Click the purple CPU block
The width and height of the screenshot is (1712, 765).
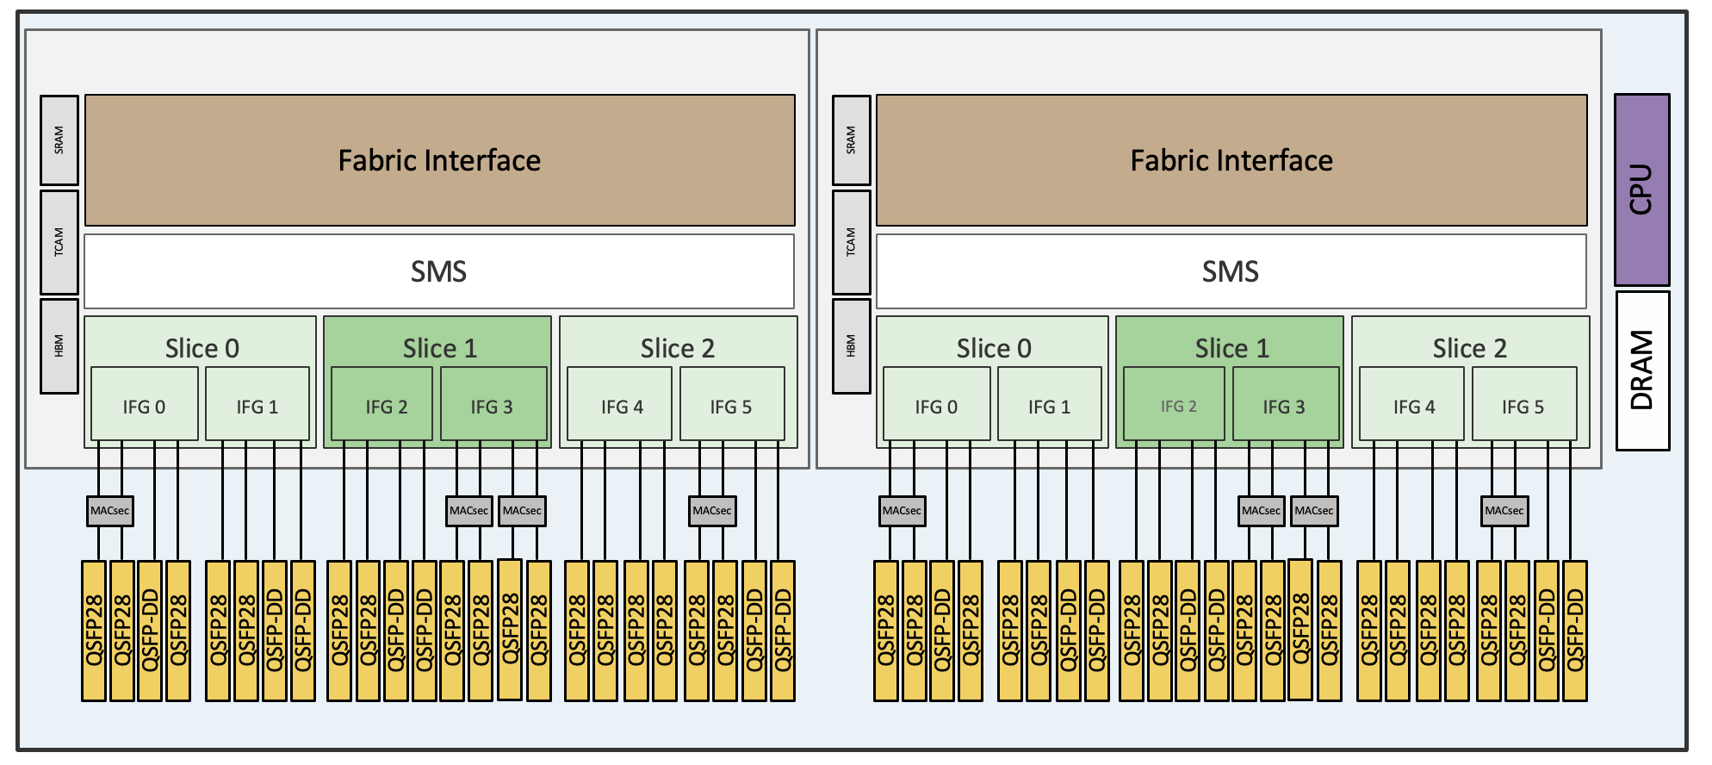click(x=1641, y=190)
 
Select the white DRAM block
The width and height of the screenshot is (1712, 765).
click(x=1641, y=370)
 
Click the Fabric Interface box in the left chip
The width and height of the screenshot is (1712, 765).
click(x=439, y=160)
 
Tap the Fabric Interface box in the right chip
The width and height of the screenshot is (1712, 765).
click(x=1231, y=160)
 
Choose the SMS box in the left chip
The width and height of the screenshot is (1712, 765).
click(x=439, y=271)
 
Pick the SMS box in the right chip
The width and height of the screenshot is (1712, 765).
click(x=1231, y=271)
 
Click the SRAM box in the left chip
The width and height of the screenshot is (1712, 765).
click(x=59, y=140)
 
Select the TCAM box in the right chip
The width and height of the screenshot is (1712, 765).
click(x=851, y=242)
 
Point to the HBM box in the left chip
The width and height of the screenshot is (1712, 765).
click(x=59, y=345)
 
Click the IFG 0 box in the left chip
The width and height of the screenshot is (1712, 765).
click(x=144, y=406)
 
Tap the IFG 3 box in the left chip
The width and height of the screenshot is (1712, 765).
click(x=493, y=406)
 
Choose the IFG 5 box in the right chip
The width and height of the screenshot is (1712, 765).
click(x=1523, y=406)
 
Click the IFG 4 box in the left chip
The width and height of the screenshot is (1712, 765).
click(x=619, y=406)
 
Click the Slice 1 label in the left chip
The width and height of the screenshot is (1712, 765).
click(x=439, y=348)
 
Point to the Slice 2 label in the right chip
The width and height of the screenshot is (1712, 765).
click(x=1469, y=348)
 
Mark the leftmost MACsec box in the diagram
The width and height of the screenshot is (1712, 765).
click(x=109, y=511)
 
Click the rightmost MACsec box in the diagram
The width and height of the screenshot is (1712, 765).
click(x=1504, y=511)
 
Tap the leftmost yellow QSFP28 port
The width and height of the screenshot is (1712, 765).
click(x=94, y=631)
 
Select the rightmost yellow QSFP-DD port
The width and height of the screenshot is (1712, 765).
click(x=1574, y=631)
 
